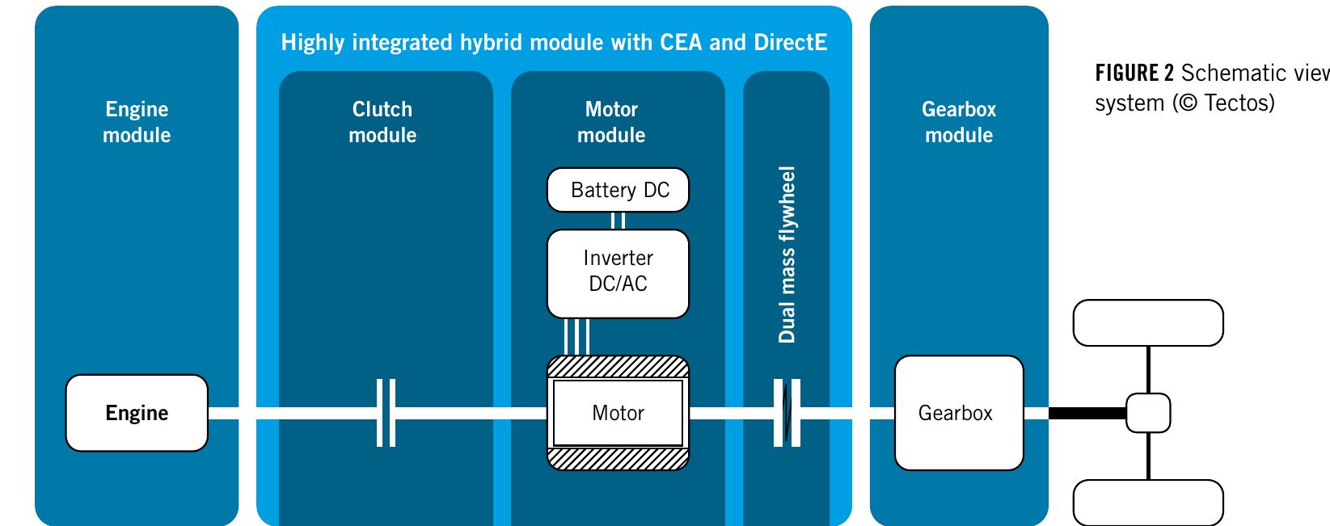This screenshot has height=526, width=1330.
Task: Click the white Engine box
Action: [137, 413]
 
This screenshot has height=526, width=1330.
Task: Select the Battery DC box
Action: [618, 190]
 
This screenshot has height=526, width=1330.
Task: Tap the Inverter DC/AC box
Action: [618, 274]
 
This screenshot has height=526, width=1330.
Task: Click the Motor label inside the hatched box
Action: [618, 413]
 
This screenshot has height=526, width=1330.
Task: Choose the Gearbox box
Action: [959, 413]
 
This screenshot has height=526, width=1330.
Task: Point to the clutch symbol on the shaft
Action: [386, 413]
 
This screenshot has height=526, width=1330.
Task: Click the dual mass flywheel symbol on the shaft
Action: [787, 413]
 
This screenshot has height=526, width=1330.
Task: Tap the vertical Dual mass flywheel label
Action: [787, 255]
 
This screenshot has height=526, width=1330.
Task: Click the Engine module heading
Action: [137, 122]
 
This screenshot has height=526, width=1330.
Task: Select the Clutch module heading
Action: [382, 122]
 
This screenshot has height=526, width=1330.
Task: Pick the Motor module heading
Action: [611, 122]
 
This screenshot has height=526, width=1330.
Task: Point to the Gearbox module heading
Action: [959, 122]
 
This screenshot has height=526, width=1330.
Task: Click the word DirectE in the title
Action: [790, 42]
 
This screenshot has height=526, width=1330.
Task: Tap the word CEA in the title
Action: [673, 42]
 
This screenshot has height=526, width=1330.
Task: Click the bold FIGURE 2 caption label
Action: [1134, 73]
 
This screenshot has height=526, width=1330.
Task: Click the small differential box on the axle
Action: [1148, 413]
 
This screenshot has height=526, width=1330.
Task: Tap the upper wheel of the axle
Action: [1148, 323]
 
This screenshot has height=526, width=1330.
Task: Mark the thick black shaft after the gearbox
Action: [1087, 413]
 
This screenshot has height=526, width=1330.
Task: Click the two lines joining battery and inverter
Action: [618, 221]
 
